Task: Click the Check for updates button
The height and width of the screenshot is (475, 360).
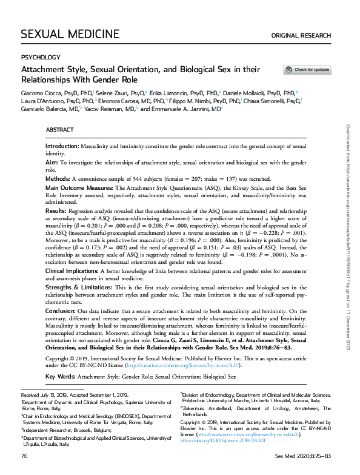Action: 307,70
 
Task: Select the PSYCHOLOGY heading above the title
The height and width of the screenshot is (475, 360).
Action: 41,57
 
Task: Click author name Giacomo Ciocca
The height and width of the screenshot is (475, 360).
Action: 41,92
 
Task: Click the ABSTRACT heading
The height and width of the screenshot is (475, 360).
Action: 59,130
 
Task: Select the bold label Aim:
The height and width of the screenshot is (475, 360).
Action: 52,163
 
